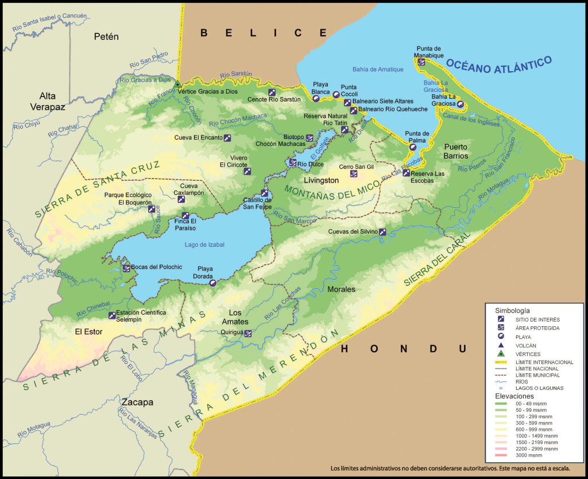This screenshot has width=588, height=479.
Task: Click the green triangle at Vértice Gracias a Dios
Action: pos(177,84)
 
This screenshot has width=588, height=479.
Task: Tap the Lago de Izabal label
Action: pos(204,245)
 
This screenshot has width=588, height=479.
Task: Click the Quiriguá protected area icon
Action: pos(248,333)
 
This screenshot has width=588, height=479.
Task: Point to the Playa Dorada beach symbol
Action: pos(213,282)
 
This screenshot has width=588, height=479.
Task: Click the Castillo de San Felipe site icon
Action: pos(265,193)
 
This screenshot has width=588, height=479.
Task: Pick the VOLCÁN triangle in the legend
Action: pos(501,345)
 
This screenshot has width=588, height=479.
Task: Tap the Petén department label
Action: pos(106,37)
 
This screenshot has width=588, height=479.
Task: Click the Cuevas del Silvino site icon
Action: pos(382,232)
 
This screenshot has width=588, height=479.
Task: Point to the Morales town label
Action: pos(341,289)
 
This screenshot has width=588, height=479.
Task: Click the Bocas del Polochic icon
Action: pos(126,268)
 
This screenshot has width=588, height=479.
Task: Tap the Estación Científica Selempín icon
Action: pos(112,315)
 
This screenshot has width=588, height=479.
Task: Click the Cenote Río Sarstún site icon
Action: pos(272,92)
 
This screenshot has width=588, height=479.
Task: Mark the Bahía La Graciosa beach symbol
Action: pos(461,104)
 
